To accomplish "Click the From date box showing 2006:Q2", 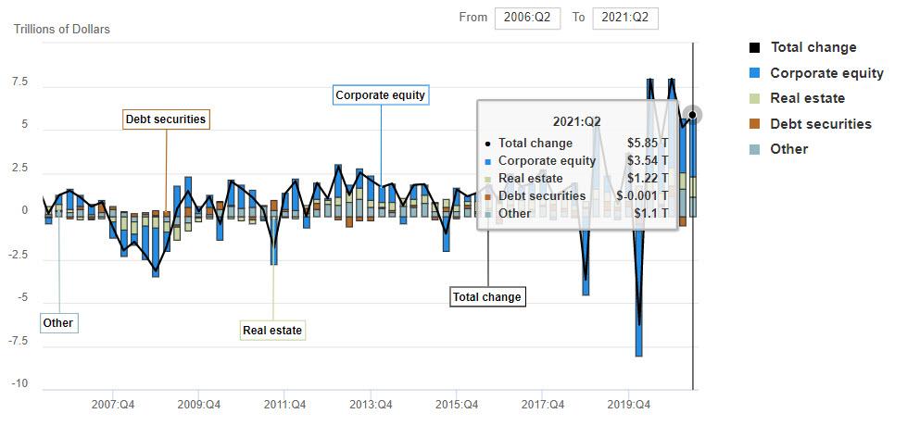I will click(x=527, y=19).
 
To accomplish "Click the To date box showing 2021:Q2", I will click(x=625, y=19).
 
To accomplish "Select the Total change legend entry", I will click(x=813, y=47).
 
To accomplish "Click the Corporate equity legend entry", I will click(x=826, y=73).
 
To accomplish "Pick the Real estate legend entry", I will click(x=807, y=98).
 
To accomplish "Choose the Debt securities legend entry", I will click(x=820, y=124).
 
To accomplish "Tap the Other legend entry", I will click(x=788, y=149).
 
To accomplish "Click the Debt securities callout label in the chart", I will click(x=166, y=119).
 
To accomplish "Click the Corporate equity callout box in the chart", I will click(x=382, y=95).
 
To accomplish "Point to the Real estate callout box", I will click(x=272, y=331).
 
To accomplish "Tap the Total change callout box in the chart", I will click(x=487, y=297).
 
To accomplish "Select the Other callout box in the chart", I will click(x=57, y=323).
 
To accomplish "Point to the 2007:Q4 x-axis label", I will click(x=114, y=405).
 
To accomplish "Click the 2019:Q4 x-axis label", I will click(x=627, y=405).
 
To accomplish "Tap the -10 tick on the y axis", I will click(x=19, y=383).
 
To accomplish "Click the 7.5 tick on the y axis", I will click(x=19, y=82).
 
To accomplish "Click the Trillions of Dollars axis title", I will click(x=62, y=30).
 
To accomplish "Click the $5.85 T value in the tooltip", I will click(x=647, y=144).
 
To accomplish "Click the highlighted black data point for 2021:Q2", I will click(x=692, y=115).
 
